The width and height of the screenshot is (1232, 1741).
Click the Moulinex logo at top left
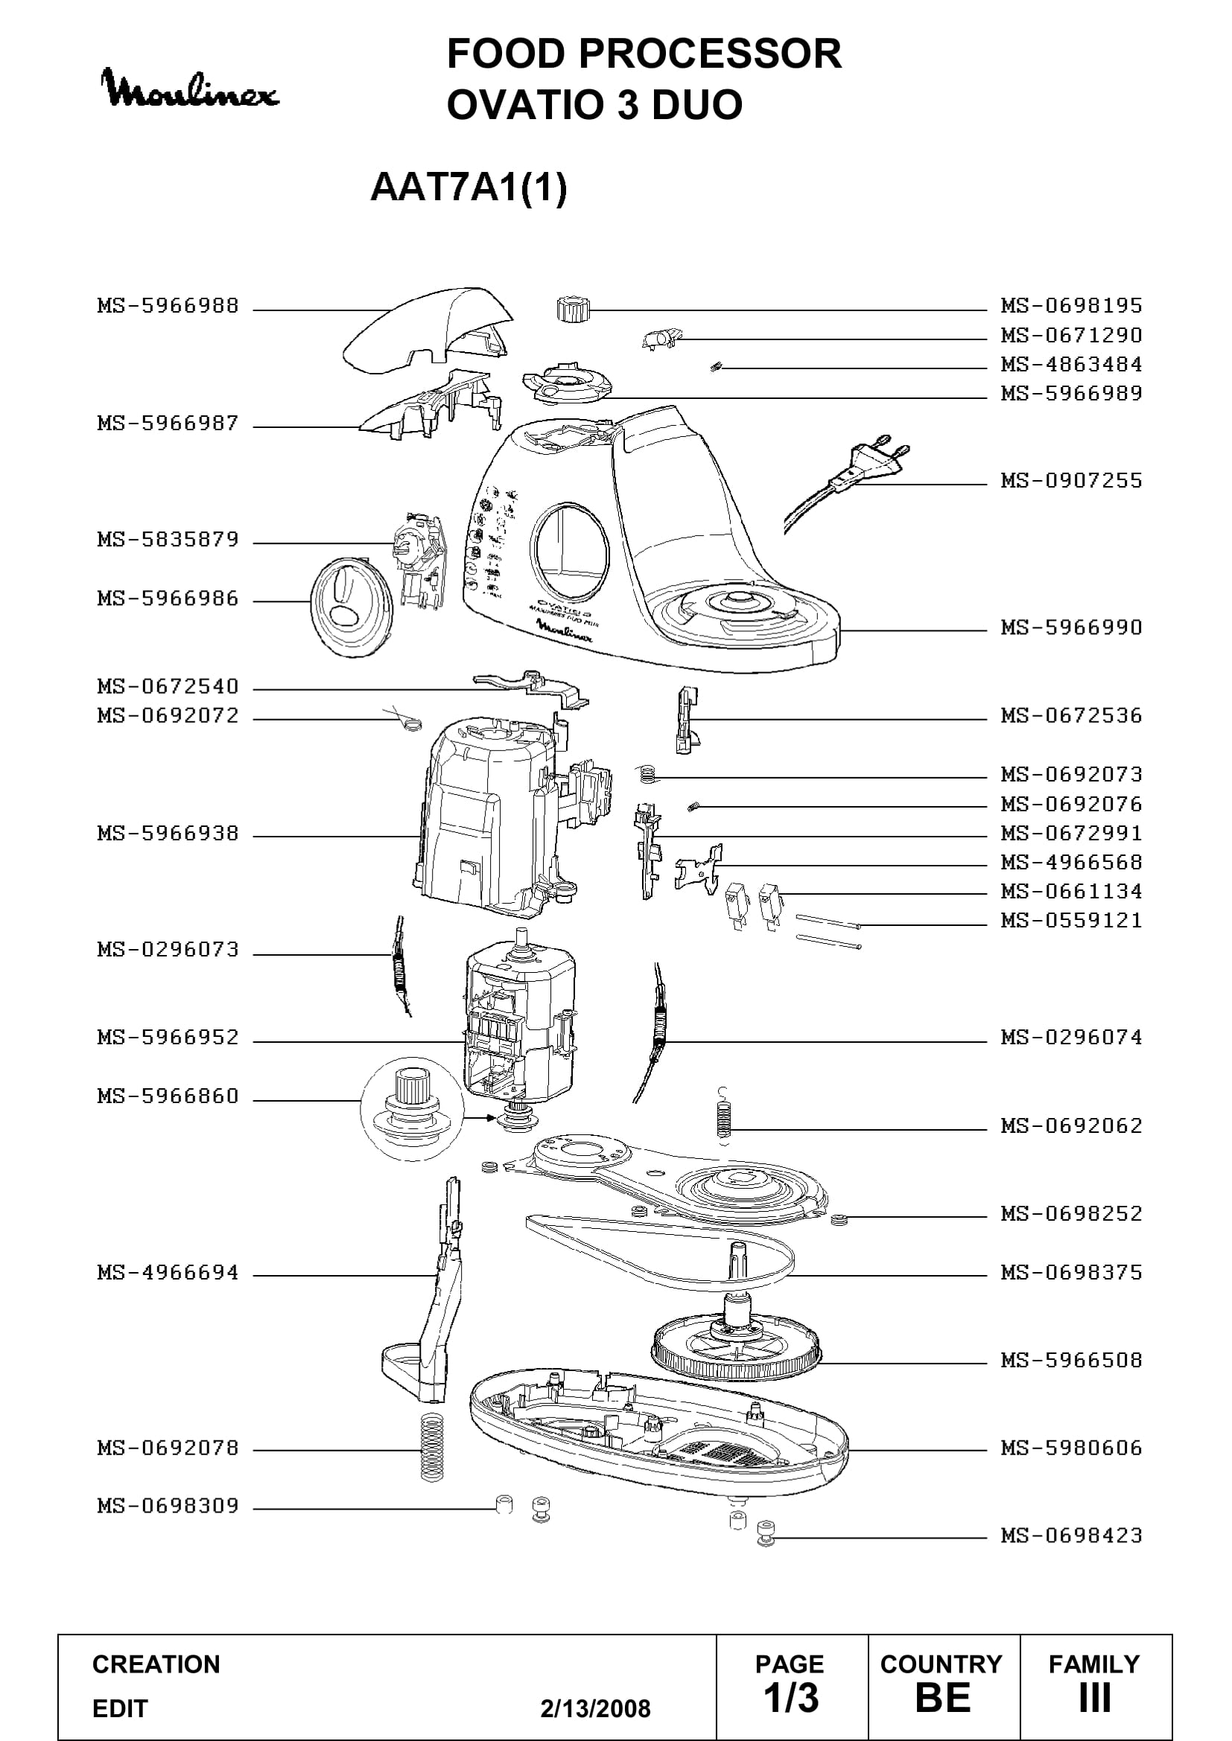coord(190,89)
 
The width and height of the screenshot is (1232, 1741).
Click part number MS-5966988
coord(168,307)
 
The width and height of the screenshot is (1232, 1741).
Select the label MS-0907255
coord(1071,481)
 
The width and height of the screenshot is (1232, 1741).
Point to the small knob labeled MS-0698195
coord(572,309)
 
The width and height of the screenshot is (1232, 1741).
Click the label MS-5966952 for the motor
coord(168,1038)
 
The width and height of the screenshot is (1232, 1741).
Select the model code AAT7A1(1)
coord(469,188)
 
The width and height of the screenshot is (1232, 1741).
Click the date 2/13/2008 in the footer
coord(596,1708)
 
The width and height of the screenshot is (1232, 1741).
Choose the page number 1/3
coord(790,1698)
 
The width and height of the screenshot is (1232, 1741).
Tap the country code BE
coord(943,1698)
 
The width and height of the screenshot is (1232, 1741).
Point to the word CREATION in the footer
coord(156,1664)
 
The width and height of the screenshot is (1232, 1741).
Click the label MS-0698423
coord(1071,1536)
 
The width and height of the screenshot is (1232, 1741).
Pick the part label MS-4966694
coord(168,1273)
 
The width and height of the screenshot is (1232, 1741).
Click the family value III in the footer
coord(1095,1698)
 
